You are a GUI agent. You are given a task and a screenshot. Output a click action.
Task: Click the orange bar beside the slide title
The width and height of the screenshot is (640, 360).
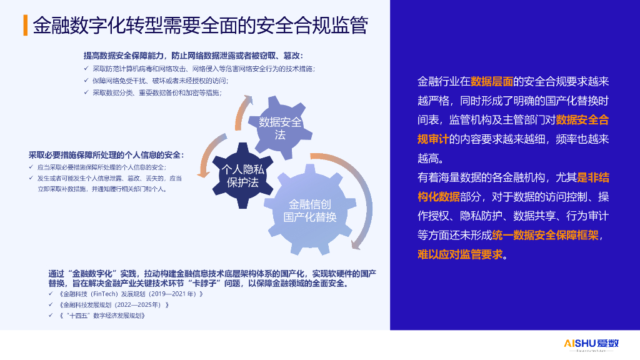[x=24, y=26]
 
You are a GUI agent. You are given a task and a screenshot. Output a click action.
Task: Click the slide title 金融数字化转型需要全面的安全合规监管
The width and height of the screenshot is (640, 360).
[x=200, y=26]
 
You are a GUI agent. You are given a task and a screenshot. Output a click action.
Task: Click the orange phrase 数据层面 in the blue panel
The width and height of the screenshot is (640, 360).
[x=491, y=81]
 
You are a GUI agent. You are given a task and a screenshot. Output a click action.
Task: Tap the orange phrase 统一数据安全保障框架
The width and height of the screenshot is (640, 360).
[x=545, y=235]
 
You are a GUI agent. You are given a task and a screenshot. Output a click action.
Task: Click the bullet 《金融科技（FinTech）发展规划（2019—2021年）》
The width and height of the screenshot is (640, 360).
[x=131, y=294]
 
